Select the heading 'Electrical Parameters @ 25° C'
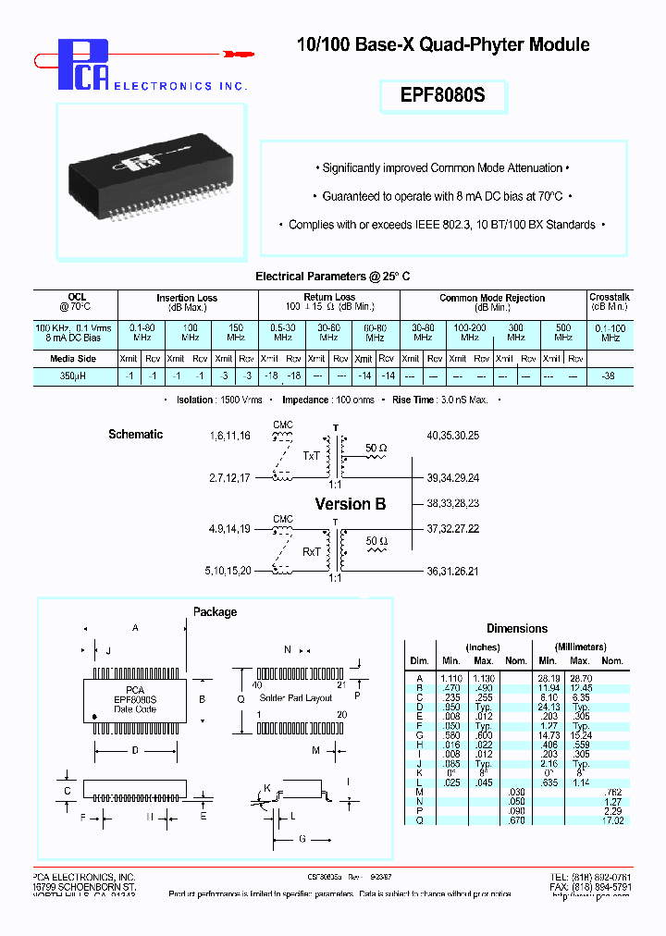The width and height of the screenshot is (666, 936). (x=332, y=277)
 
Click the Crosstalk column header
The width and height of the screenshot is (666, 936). (x=610, y=298)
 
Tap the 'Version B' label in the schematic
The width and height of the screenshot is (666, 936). (x=351, y=504)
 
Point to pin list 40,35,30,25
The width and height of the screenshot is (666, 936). (x=453, y=435)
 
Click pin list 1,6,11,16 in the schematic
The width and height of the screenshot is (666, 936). (x=230, y=435)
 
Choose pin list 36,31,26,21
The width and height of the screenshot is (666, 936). (x=453, y=573)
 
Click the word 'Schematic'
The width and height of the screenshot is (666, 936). (x=135, y=435)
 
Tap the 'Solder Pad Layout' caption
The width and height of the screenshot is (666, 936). (x=295, y=698)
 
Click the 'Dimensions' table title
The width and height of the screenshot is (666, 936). (x=517, y=629)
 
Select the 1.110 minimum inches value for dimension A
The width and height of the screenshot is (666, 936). (x=451, y=678)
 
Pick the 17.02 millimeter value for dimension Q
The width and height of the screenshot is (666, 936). (x=612, y=819)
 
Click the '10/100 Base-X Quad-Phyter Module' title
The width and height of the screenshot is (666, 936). (x=442, y=44)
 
